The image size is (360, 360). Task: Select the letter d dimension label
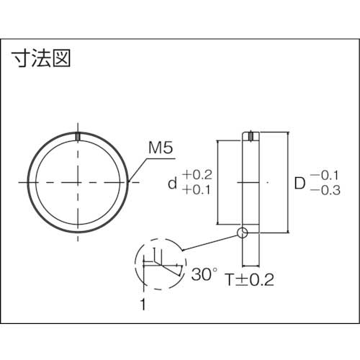(x=171, y=183)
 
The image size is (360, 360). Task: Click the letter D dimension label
(x=300, y=183)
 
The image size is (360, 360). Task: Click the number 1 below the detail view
(x=143, y=305)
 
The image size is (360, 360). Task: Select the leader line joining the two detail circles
(x=210, y=241)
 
